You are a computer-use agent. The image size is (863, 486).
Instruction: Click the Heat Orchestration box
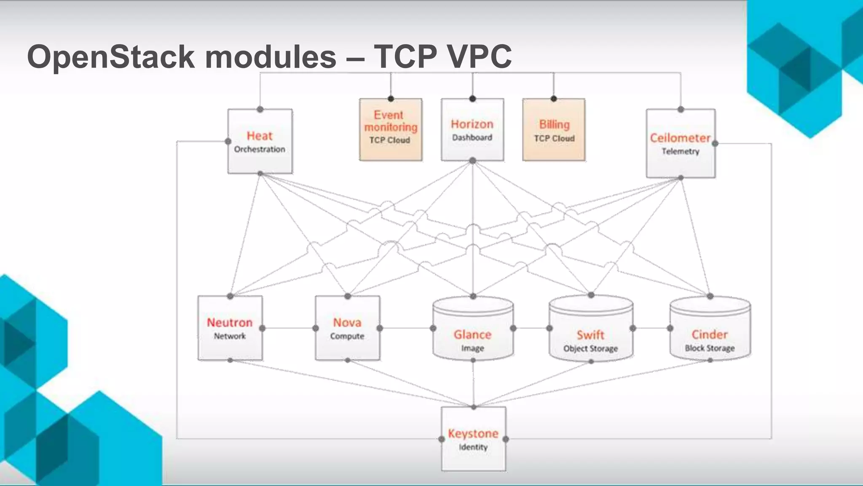(x=260, y=141)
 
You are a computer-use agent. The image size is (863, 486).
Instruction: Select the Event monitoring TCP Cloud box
(x=391, y=130)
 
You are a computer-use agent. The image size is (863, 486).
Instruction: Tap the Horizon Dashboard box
(x=472, y=130)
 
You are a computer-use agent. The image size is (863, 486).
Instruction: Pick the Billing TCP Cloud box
(x=554, y=130)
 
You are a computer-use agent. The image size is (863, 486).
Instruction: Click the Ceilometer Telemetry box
(x=681, y=143)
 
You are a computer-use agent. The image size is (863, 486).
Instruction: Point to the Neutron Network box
(x=230, y=328)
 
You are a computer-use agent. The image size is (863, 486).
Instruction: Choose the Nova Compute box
(x=347, y=328)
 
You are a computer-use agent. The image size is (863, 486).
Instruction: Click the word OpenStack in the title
(x=110, y=57)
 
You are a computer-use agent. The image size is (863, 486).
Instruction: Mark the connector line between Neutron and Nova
(x=289, y=328)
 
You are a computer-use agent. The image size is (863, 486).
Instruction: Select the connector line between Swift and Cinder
(x=651, y=328)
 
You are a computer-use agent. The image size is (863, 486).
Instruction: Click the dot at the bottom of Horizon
(x=473, y=161)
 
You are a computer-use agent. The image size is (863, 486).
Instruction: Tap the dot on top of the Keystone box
(x=474, y=407)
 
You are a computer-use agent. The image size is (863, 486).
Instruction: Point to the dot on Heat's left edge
(x=228, y=141)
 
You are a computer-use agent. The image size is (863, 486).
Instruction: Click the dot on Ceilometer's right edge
(x=715, y=143)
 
